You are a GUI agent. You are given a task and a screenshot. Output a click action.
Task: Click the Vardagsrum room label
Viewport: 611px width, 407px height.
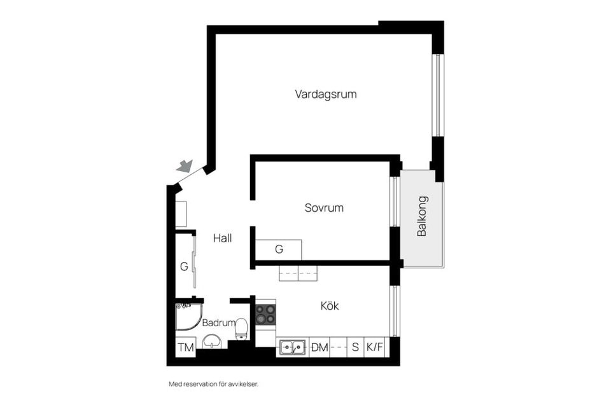coord(325,94)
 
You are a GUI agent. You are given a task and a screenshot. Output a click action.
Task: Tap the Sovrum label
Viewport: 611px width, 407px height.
coord(324,208)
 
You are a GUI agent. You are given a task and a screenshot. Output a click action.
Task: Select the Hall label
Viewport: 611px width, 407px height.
coord(222,238)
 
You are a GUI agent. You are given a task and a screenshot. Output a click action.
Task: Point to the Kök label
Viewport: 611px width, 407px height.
coord(330,306)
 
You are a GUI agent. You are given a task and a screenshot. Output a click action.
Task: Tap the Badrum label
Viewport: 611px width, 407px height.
coord(219,322)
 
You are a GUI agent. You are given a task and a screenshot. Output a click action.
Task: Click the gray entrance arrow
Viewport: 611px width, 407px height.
coord(185,167)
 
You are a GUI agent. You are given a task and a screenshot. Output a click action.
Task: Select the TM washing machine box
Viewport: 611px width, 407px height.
coord(185,347)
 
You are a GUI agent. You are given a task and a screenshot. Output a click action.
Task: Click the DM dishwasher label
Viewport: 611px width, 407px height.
coord(320,348)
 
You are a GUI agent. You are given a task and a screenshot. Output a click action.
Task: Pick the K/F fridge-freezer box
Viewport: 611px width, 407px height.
coord(375,348)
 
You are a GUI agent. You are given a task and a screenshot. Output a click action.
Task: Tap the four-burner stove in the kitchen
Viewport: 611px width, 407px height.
coord(265,314)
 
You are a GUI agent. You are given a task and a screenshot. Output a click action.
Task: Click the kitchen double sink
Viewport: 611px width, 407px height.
coord(292,348)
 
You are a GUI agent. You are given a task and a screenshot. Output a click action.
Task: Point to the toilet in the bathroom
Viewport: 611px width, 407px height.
coord(241,329)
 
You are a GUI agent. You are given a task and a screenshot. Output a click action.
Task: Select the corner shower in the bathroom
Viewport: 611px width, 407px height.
coord(187,317)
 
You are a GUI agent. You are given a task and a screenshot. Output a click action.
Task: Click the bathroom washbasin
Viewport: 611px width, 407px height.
coord(212,342)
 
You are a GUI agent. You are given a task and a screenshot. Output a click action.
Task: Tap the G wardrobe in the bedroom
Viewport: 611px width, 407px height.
coord(279,249)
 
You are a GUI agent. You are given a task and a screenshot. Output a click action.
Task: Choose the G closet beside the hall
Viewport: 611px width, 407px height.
coord(184,266)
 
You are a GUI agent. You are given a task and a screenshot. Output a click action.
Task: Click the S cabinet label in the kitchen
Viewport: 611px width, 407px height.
coord(355,348)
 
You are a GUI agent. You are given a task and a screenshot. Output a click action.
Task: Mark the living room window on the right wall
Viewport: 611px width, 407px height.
coord(437,95)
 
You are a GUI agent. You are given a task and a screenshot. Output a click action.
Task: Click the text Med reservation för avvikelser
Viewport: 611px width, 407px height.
coord(214,384)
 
